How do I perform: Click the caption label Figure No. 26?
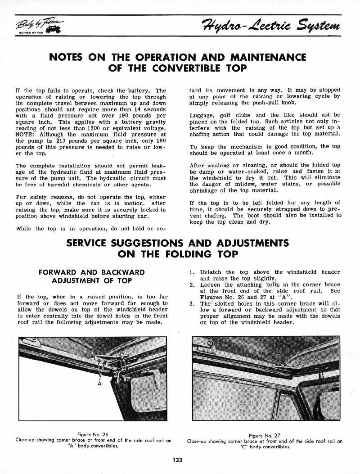(93, 434)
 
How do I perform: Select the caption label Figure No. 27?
(264, 435)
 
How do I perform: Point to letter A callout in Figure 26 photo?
(99, 384)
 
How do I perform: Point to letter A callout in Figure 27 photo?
(279, 352)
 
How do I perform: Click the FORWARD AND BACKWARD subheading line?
(92, 272)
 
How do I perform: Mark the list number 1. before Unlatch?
(192, 272)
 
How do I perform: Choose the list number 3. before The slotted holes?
(192, 304)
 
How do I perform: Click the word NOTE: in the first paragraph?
(25, 135)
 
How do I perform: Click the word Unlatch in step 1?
(211, 272)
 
